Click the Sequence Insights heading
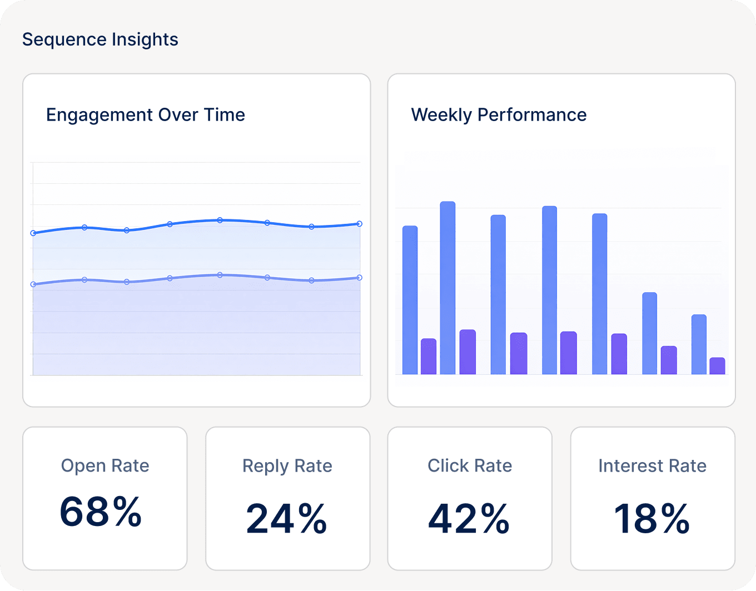(x=100, y=39)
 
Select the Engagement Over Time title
(x=145, y=114)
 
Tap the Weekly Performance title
(x=499, y=114)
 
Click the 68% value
(x=101, y=512)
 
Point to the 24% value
(x=286, y=519)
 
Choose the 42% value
(x=469, y=519)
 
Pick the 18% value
(x=651, y=519)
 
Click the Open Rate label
(x=105, y=465)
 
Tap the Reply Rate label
(x=287, y=465)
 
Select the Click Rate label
(x=470, y=465)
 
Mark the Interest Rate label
(x=652, y=465)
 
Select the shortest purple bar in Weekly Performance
(x=717, y=366)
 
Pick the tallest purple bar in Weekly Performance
(x=467, y=352)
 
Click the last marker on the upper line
(x=359, y=224)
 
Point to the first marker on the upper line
(x=33, y=233)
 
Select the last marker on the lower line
(x=359, y=278)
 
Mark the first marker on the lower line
(x=33, y=284)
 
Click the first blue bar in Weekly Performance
(x=410, y=300)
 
